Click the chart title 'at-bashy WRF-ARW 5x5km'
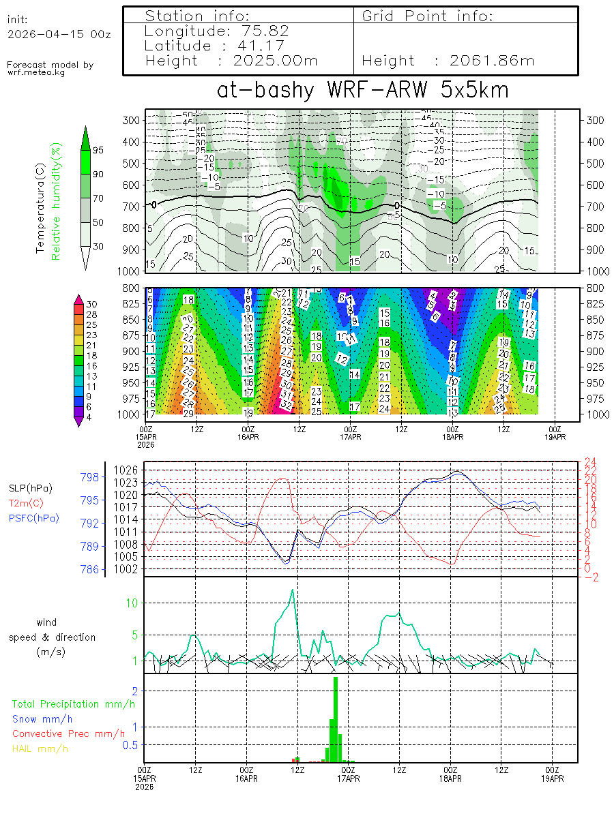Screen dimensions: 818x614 coord(362,90)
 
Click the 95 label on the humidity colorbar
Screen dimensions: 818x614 coord(98,150)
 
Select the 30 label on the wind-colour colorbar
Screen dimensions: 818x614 coord(92,304)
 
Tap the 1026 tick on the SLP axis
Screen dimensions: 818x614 coord(127,470)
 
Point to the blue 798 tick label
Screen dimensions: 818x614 coord(90,476)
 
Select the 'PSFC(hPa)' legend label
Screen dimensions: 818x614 coord(33,519)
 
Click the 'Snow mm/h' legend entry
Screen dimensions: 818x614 coord(42,718)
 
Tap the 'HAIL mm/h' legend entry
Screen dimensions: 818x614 coord(40,748)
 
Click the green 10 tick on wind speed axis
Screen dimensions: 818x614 coord(132,603)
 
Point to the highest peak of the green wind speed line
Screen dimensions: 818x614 coord(293,590)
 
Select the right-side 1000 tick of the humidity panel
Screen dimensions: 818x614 coord(596,270)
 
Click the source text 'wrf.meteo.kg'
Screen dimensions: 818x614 coord(36,72)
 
